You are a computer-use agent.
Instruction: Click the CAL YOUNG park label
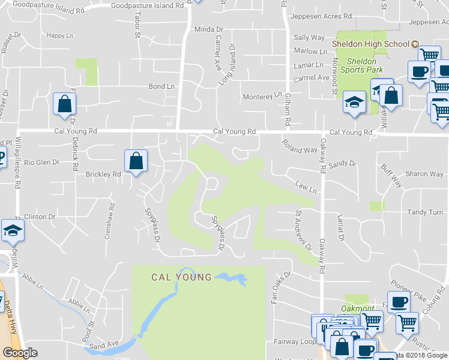[x=181, y=277]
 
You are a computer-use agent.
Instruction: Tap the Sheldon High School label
[x=371, y=44]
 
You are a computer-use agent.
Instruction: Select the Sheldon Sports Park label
[x=362, y=65]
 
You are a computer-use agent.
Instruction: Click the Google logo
[x=20, y=353]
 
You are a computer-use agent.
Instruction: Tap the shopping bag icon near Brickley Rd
[x=136, y=161]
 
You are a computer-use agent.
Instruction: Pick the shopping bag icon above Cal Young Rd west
[x=64, y=104]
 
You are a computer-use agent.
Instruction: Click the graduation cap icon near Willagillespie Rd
[x=11, y=230]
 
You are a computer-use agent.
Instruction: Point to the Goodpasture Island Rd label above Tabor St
[x=147, y=5]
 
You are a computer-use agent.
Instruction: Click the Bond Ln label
[x=161, y=86]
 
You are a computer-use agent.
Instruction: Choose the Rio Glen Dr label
[x=40, y=162]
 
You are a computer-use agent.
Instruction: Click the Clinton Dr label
[x=40, y=217]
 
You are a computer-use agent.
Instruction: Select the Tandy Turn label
[x=425, y=212]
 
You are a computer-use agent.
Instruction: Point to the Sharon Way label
[x=424, y=174]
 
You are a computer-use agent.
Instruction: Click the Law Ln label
[x=306, y=188]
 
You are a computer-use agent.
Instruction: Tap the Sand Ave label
[x=104, y=345]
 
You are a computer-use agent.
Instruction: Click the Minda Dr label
[x=208, y=29]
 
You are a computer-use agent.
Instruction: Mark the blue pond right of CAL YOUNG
[x=232, y=278]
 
